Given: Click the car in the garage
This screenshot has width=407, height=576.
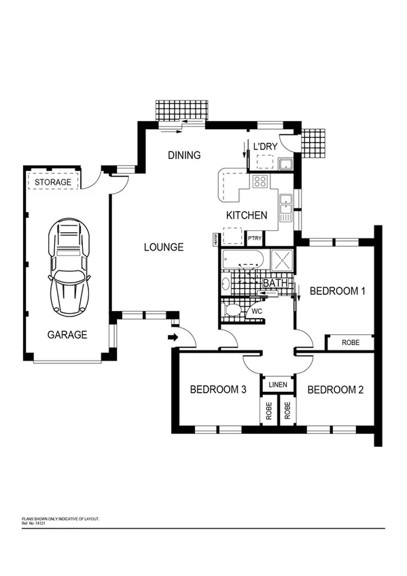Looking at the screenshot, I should (x=68, y=270).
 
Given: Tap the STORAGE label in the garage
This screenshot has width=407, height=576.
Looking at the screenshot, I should (x=53, y=183).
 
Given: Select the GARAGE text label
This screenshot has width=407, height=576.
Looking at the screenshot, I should (x=67, y=334).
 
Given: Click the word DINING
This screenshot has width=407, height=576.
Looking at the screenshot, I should (x=184, y=155).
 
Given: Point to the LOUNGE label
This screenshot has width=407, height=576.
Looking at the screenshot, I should (x=163, y=247).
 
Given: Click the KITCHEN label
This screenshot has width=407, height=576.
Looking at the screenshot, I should (x=246, y=215).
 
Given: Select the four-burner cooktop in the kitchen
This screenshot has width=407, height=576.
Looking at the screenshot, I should (x=260, y=181).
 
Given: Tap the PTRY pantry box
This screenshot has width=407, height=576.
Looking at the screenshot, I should (x=255, y=238).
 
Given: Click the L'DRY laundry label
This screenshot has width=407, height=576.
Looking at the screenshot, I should (x=265, y=147).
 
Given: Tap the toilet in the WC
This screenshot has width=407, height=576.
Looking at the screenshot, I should (x=233, y=310).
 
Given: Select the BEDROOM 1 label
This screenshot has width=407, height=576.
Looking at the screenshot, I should (x=338, y=291).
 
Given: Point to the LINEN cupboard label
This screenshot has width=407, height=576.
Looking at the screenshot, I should (x=278, y=385).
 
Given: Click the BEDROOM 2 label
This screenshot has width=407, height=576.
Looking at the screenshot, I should (x=335, y=390).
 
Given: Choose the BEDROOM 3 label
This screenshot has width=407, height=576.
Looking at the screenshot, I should (x=217, y=390).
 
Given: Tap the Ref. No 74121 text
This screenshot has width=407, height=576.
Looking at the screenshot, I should (x=40, y=522).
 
